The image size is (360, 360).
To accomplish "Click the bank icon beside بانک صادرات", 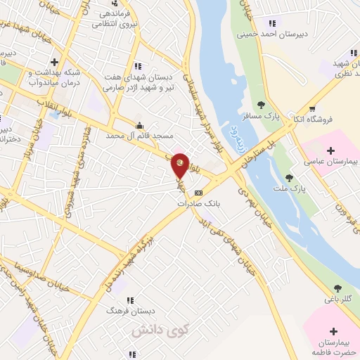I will point(198,192).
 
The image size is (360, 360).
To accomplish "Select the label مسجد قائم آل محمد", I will point(135,135).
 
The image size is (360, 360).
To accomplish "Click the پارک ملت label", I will point(289,187).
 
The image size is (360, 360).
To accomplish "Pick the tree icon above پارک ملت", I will point(289,177).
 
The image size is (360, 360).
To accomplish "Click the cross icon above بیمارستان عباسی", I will point(331,150).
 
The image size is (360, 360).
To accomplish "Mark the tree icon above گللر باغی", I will point(338,288).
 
